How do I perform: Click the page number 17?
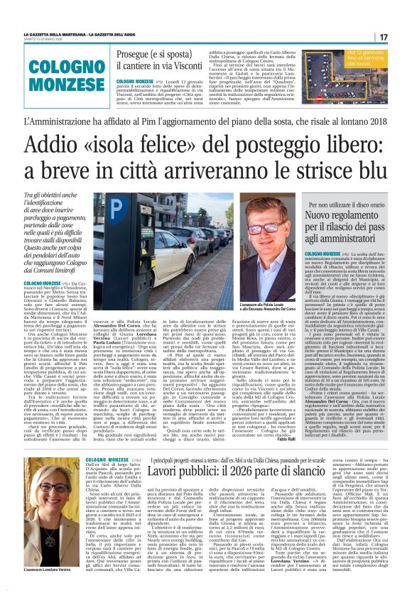point(402,37)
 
